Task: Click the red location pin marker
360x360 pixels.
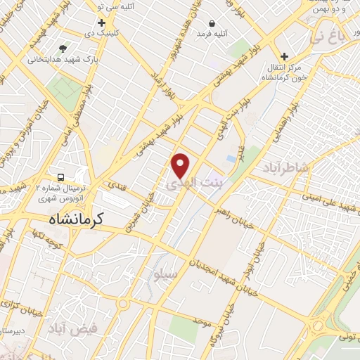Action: (x=181, y=165)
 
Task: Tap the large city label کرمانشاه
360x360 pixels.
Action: (x=76, y=219)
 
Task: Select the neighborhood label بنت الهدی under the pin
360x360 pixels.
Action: (x=193, y=184)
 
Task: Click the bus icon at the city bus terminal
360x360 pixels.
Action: (x=60, y=176)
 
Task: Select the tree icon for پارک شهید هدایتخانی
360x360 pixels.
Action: (x=63, y=49)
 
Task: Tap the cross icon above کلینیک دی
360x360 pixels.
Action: (x=101, y=23)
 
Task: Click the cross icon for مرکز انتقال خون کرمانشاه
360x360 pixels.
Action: (x=284, y=57)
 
